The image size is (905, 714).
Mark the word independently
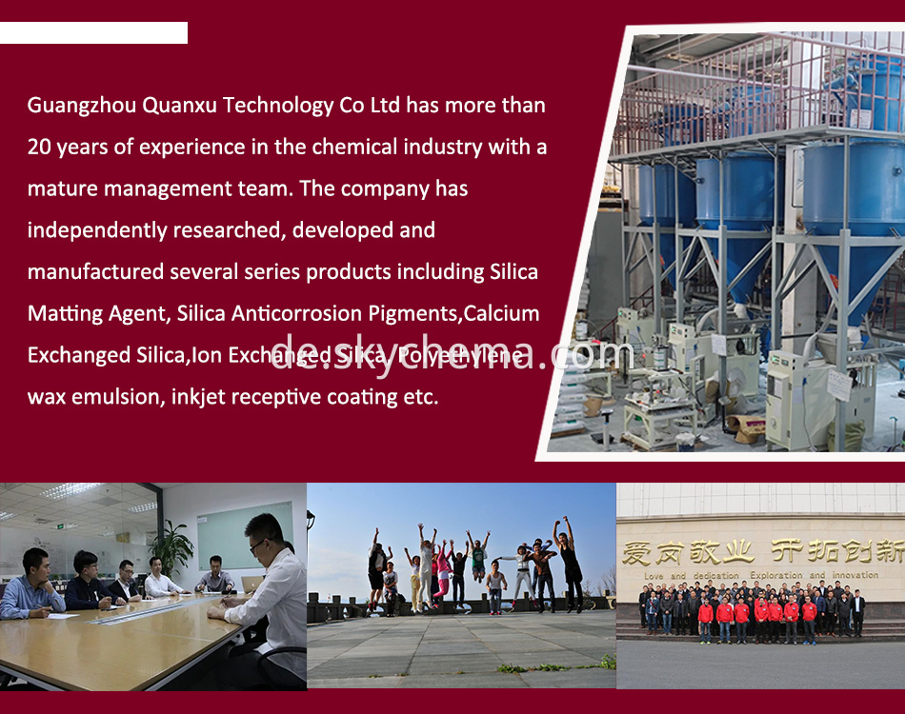click(96, 230)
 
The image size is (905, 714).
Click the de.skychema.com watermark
click(452, 354)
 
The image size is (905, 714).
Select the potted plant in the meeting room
click(172, 547)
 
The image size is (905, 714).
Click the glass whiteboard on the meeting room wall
click(246, 533)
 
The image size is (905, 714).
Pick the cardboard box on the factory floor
click(748, 427)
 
